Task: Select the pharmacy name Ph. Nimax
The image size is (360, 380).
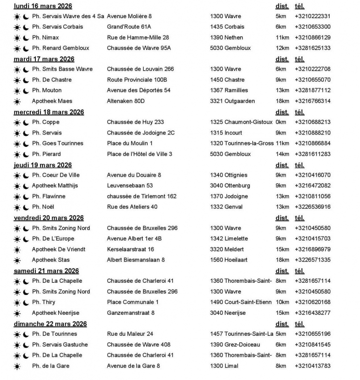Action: (x=45, y=37)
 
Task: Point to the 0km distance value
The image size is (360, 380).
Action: (x=281, y=122)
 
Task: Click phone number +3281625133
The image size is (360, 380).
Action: (x=312, y=48)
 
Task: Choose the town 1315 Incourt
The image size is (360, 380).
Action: (x=226, y=133)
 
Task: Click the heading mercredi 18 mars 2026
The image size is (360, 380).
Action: (x=49, y=112)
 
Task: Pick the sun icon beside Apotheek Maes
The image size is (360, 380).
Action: (x=17, y=101)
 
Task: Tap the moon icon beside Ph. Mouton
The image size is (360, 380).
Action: (x=26, y=91)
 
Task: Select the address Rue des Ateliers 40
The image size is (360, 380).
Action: (x=132, y=207)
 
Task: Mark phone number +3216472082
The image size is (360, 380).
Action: (x=312, y=186)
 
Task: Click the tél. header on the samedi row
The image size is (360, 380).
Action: (x=299, y=271)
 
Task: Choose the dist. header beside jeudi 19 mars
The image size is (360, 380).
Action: (x=282, y=165)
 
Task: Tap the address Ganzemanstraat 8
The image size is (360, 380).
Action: (x=130, y=313)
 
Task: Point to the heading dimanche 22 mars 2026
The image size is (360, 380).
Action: (x=50, y=324)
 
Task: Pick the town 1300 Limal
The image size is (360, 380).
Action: (x=224, y=366)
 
